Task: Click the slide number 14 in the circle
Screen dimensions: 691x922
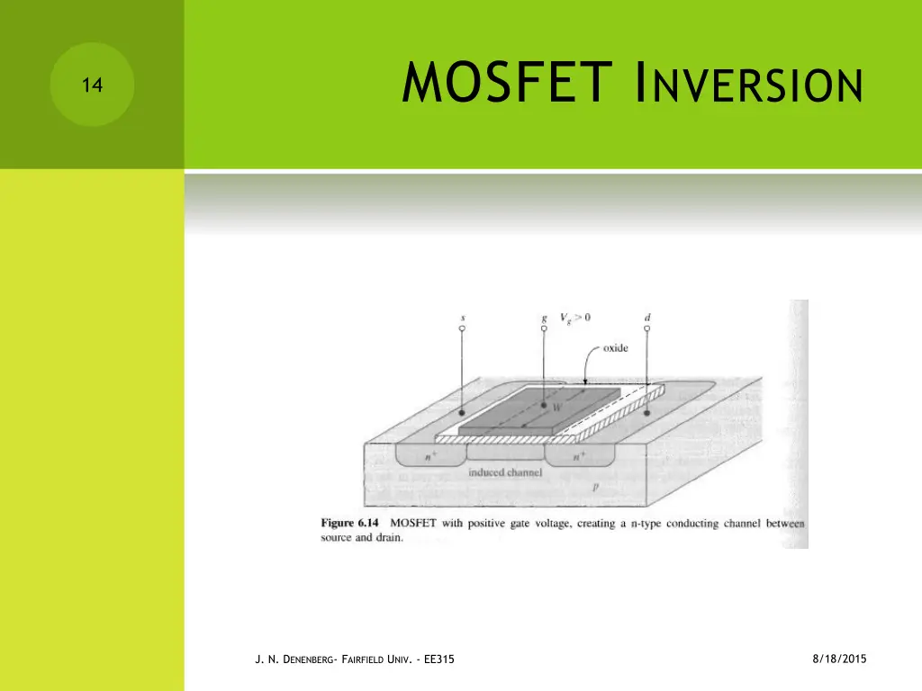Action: [x=91, y=86]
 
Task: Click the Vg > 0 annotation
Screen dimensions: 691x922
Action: [x=576, y=317]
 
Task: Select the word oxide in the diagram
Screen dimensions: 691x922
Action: [x=616, y=348]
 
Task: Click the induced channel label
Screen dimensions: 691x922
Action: [x=504, y=471]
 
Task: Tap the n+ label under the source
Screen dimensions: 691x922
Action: [x=429, y=456]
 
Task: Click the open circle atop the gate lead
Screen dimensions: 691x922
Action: [x=544, y=329]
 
